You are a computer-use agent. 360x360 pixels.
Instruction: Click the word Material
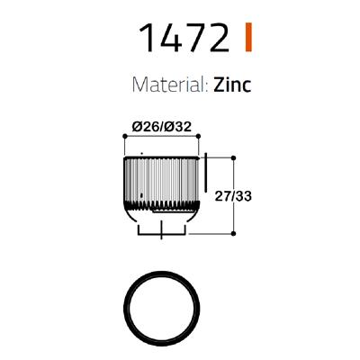coord(170,85)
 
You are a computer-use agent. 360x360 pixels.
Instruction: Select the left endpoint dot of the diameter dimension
coord(123,137)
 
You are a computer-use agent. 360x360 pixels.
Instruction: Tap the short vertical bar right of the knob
coord(207,175)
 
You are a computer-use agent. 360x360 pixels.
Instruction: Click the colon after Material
coord(209,87)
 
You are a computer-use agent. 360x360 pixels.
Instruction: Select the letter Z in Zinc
coord(221,85)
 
